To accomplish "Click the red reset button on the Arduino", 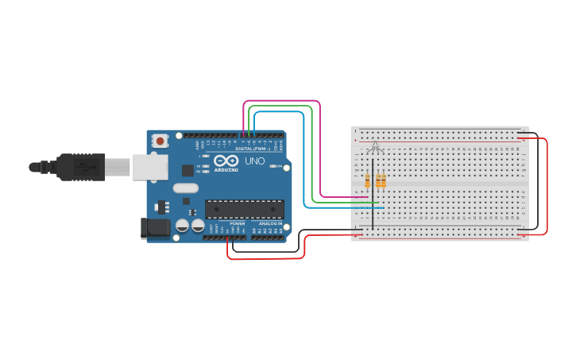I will tap(160, 141).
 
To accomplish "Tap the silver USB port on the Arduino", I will tap(149, 166).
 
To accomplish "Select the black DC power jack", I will tap(154, 228).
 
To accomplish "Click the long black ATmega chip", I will tap(244, 209).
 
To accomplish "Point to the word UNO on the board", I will tap(255, 161).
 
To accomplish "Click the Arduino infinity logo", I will tap(226, 160).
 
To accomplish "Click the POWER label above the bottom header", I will tap(237, 223).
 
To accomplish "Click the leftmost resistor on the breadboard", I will tap(367, 181).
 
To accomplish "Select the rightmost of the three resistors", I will tap(384, 181).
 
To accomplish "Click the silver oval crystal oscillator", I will tap(184, 188).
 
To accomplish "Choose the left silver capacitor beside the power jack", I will tap(182, 226).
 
